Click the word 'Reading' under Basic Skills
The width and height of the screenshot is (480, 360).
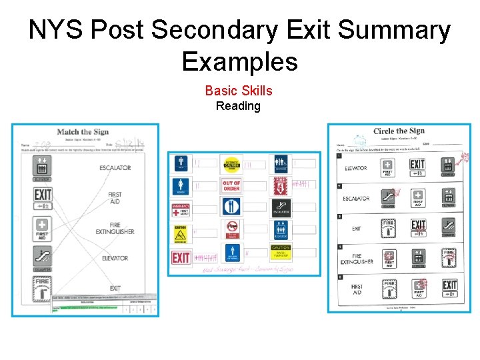click(x=238, y=106)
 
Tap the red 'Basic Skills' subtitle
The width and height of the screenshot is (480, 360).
click(x=238, y=91)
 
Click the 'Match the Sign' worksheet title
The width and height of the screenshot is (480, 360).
click(x=83, y=132)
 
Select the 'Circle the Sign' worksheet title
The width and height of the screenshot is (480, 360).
click(x=399, y=131)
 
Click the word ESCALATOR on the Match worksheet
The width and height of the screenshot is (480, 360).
click(x=115, y=167)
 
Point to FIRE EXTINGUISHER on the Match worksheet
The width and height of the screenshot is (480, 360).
click(x=117, y=227)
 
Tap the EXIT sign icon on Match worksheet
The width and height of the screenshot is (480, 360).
click(x=43, y=197)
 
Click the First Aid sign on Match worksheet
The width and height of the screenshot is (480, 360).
click(x=43, y=228)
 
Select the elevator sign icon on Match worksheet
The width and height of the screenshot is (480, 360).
click(x=43, y=168)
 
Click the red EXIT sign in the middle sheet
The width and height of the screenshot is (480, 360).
click(x=181, y=257)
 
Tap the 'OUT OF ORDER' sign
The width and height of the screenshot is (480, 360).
click(x=231, y=185)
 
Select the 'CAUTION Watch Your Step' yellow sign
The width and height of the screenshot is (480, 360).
click(x=281, y=253)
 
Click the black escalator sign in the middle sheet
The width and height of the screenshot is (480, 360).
click(x=281, y=207)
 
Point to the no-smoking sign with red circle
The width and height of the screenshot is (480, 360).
click(x=231, y=229)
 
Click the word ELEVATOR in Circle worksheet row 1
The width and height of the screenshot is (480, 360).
click(x=355, y=168)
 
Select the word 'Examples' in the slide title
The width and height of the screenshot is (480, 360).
click(x=239, y=62)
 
